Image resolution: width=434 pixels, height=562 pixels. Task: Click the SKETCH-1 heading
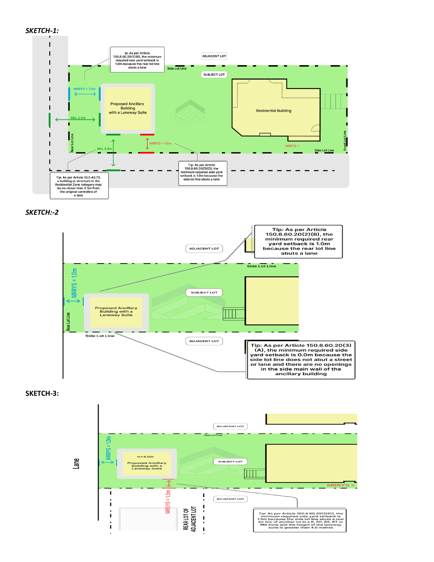click(42, 31)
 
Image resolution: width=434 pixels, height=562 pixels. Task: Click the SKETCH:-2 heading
click(42, 212)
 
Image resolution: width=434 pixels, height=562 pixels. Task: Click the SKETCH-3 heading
click(42, 393)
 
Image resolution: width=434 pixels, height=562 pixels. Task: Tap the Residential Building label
click(274, 111)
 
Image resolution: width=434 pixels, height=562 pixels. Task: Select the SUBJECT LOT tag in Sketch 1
click(214, 75)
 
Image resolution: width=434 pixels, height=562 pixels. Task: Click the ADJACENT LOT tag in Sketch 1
click(214, 56)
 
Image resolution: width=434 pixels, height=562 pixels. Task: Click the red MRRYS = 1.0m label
click(160, 143)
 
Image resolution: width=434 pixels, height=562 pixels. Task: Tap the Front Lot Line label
click(345, 140)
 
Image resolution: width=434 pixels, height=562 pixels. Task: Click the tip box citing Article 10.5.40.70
click(79, 186)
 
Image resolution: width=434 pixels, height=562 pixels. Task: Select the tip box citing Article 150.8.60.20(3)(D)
click(203, 173)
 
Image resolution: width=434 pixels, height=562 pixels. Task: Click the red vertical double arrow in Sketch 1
click(147, 144)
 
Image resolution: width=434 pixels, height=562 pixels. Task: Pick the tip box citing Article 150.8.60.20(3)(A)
click(301, 360)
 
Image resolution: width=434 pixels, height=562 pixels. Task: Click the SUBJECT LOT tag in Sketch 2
click(204, 293)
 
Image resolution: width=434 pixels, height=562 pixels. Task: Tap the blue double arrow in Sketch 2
click(73, 301)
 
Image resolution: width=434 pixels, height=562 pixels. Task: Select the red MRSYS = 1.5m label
click(168, 502)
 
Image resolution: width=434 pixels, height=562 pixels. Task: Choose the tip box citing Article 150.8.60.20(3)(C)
click(300, 520)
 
